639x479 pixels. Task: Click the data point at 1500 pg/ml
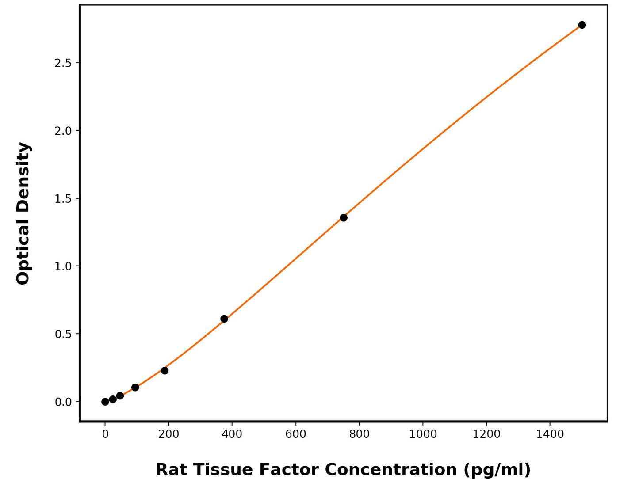pos(582,25)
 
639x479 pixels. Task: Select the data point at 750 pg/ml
pos(344,217)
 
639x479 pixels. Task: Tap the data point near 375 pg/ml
pos(224,319)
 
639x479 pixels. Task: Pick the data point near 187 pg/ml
pos(165,370)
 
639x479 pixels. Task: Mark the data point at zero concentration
pos(105,402)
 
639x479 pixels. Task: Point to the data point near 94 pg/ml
pos(135,387)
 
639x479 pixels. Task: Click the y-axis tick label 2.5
pos(63,63)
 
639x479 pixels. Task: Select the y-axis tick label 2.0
pos(63,131)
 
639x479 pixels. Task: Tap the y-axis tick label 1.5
pos(63,199)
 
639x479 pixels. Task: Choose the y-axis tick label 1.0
pos(63,266)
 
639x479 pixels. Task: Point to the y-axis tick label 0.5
pos(63,334)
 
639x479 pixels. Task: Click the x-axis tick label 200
pos(168,434)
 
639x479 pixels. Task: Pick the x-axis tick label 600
pos(296,434)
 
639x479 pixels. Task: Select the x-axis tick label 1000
pos(423,434)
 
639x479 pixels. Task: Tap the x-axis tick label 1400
pos(550,434)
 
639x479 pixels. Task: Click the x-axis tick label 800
pos(359,434)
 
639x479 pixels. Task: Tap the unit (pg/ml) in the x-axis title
pos(497,469)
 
